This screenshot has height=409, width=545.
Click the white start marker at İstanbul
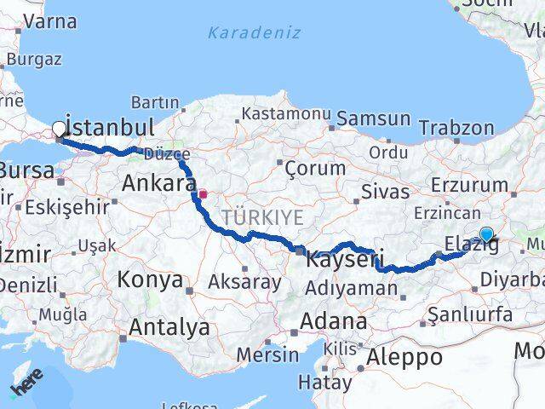[59, 130]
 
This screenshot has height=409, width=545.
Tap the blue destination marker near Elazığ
[486, 234]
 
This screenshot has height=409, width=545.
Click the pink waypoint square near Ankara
[203, 193]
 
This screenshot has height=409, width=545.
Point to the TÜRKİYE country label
[262, 217]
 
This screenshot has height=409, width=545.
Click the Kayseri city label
[346, 257]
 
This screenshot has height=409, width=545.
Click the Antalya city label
[169, 326]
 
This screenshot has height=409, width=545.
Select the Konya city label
[150, 279]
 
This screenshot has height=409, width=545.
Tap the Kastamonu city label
[284, 113]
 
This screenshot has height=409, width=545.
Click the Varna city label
[50, 21]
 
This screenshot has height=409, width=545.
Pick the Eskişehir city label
[67, 206]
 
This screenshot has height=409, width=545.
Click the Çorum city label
[314, 168]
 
